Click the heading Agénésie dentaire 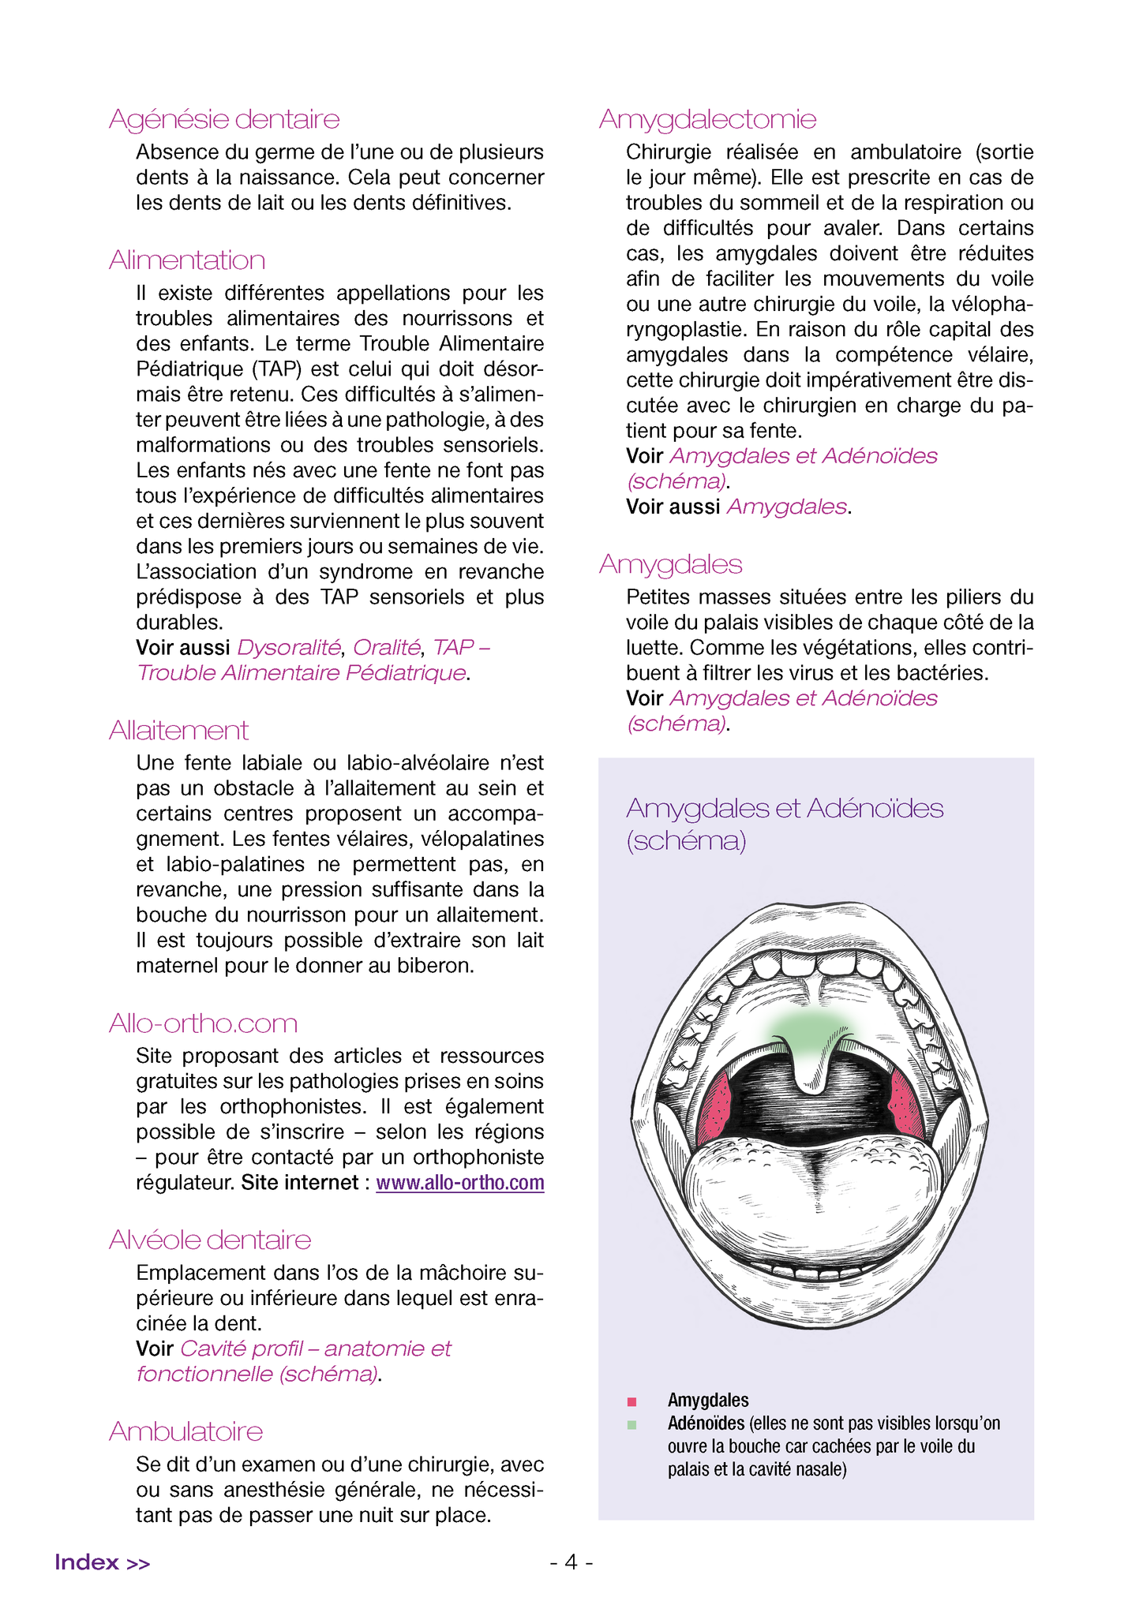coord(224,119)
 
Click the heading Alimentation coord(187,260)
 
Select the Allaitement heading coord(178,731)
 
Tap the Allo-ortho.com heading coord(203,1023)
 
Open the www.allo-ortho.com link coord(459,1183)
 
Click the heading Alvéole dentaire coord(210,1240)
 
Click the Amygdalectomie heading coord(707,119)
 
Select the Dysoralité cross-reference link coord(289,648)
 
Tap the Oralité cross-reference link coord(386,648)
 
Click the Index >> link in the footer coord(102,1562)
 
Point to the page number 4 coord(571,1562)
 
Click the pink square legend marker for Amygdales coord(631,1401)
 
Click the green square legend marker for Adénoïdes coord(631,1425)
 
